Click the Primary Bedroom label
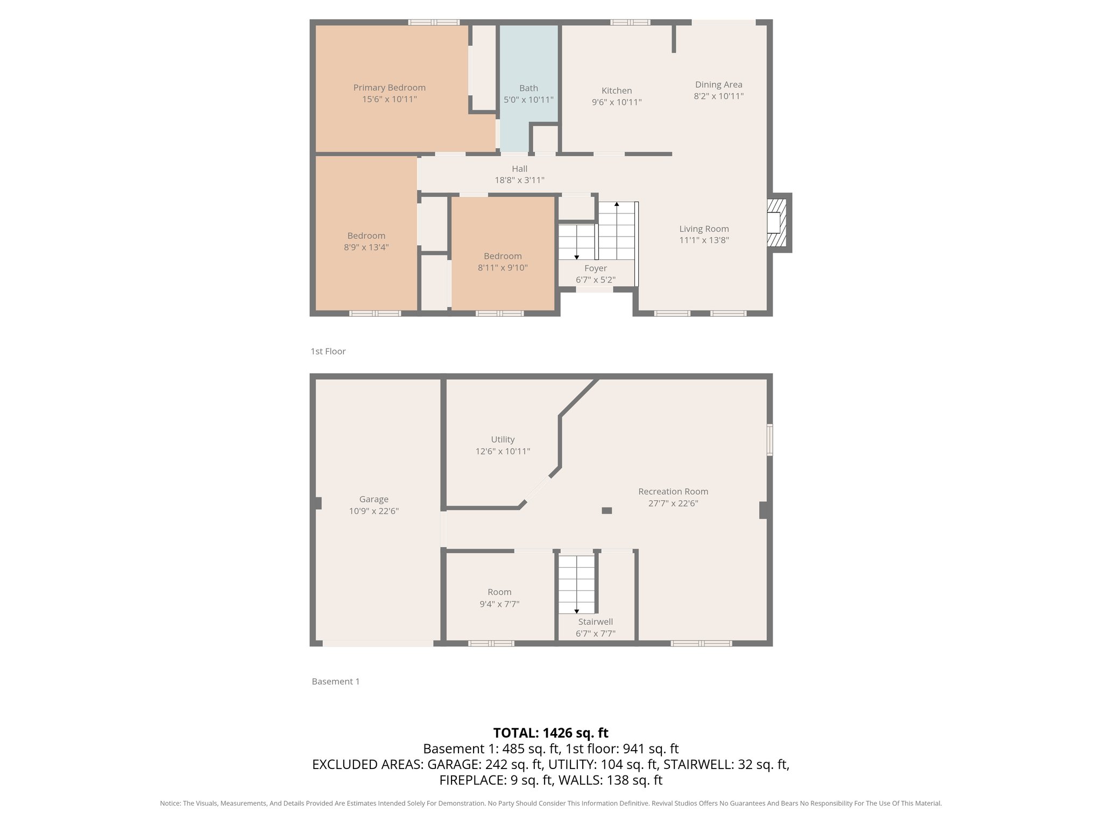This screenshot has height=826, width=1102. click(x=389, y=88)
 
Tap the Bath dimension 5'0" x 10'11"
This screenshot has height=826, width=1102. click(x=528, y=100)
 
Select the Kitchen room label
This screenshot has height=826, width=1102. click(x=617, y=90)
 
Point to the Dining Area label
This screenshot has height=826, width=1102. click(x=718, y=84)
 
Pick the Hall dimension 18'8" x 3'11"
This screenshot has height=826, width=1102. click(x=519, y=181)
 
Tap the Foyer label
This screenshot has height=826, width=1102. click(x=595, y=268)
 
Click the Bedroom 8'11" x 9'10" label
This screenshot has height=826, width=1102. click(x=503, y=256)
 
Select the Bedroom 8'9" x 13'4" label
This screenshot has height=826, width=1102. click(x=366, y=236)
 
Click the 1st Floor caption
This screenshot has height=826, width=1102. click(x=328, y=351)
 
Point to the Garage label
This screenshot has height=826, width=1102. click(x=373, y=499)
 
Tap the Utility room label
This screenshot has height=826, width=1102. click(x=503, y=439)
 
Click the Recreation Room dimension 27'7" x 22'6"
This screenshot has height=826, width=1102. click(x=673, y=504)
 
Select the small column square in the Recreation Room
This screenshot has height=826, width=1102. click(x=606, y=511)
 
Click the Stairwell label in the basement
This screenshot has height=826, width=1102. click(x=595, y=622)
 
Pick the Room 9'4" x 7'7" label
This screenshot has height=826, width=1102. click(x=499, y=592)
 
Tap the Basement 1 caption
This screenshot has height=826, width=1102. click(x=335, y=681)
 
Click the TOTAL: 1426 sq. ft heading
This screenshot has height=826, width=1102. click(x=550, y=733)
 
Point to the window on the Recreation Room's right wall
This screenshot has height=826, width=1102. click(x=769, y=440)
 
